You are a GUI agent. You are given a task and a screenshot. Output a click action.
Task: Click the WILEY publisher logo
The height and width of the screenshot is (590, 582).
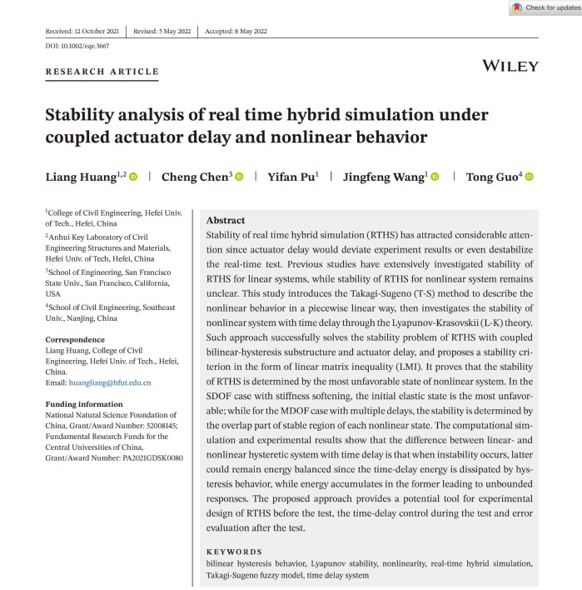[510, 66]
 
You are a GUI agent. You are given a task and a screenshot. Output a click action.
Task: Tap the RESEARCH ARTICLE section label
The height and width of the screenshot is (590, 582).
[102, 72]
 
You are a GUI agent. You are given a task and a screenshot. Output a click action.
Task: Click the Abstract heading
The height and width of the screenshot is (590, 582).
[225, 221]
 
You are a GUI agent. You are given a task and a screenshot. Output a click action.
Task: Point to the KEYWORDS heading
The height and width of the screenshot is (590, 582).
[234, 552]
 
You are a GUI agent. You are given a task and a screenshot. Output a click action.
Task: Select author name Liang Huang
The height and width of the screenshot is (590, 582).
[79, 177]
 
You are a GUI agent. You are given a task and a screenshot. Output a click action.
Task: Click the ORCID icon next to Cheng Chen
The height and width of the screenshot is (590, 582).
[239, 177]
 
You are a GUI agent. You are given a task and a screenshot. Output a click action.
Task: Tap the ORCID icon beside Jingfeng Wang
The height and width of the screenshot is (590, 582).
[435, 177]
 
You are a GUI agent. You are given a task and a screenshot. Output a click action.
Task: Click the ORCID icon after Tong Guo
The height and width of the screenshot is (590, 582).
[528, 177]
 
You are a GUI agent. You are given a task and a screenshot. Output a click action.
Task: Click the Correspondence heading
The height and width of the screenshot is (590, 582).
[75, 340]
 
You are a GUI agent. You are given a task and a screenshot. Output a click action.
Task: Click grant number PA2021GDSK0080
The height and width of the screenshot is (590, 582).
[145, 457]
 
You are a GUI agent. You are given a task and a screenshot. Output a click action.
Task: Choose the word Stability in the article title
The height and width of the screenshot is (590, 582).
[82, 115]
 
